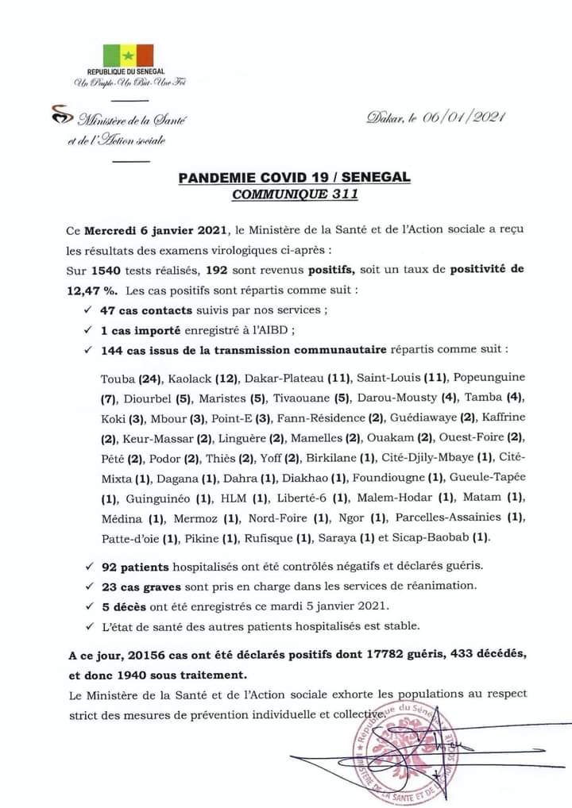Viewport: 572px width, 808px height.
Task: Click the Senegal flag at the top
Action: pos(129,55)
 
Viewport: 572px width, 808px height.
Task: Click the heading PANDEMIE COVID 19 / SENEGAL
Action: pos(294,177)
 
